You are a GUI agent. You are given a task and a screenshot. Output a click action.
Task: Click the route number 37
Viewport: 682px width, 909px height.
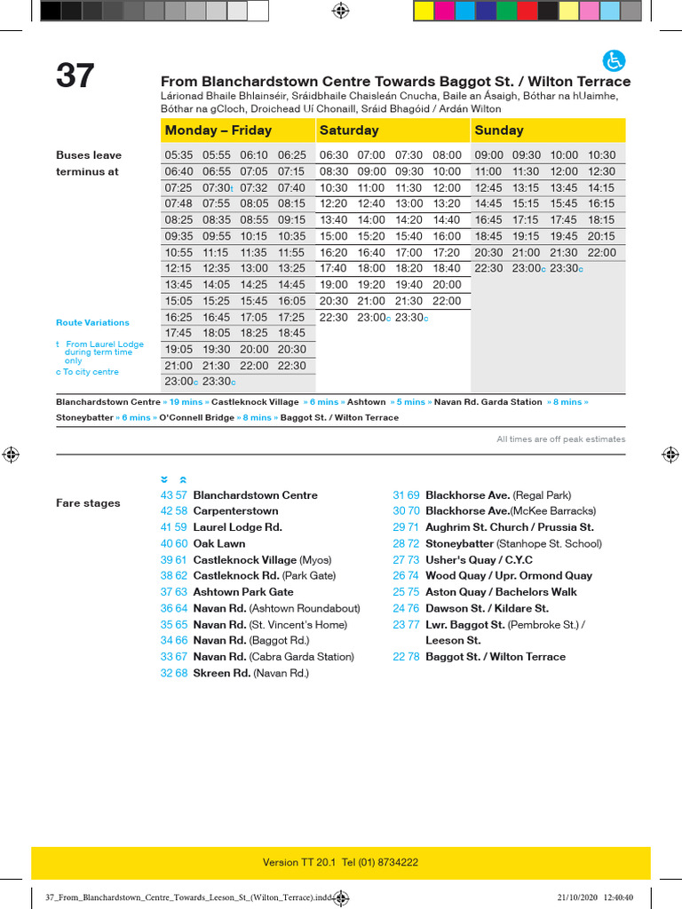[75, 76]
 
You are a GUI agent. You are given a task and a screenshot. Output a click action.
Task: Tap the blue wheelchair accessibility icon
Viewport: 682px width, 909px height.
[615, 61]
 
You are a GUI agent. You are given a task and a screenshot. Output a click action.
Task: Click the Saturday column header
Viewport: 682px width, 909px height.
[349, 130]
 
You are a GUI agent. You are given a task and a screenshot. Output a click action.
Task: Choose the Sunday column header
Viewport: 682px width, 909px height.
[499, 130]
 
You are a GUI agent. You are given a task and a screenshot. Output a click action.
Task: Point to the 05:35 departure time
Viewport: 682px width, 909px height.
[178, 155]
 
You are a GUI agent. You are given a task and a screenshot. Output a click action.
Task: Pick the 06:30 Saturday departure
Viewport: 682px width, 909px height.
[334, 155]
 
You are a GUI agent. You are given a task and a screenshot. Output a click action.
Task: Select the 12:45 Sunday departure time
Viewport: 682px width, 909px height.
[488, 188]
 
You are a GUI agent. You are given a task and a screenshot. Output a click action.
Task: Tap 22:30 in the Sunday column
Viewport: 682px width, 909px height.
[488, 269]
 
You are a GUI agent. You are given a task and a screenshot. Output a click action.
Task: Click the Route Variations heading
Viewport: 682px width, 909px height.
[92, 323]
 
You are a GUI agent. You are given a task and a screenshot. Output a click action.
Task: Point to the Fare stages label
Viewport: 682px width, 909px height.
[88, 503]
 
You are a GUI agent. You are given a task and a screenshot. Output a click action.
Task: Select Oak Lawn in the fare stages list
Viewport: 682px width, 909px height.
[218, 543]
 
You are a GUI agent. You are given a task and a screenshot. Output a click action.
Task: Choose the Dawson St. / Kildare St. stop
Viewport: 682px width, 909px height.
[487, 608]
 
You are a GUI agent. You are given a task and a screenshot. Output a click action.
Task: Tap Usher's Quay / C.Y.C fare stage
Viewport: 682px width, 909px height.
[479, 560]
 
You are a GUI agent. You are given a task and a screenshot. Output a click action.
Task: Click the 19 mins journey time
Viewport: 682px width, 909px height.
[186, 402]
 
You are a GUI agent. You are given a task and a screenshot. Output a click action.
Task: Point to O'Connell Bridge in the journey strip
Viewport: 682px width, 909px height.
[196, 417]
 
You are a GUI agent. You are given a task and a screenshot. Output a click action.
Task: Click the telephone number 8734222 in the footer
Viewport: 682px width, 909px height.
[396, 862]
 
